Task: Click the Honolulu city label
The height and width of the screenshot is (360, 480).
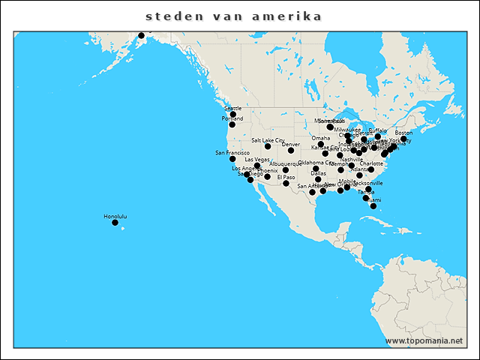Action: pos(115,217)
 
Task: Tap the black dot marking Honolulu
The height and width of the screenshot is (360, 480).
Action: pos(115,223)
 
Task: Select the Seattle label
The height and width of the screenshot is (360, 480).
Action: pos(233,109)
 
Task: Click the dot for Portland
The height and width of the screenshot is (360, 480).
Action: pos(232,124)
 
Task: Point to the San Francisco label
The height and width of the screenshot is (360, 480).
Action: pos(232,153)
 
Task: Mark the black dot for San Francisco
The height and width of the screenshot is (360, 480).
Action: pos(232,159)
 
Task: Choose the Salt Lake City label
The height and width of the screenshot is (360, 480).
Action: pos(268,140)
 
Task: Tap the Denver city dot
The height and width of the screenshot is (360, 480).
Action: pos(291,150)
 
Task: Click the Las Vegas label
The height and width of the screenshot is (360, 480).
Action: pos(257,160)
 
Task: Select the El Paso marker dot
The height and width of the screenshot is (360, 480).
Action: pos(286,183)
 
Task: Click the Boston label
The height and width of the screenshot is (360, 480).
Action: pos(403,133)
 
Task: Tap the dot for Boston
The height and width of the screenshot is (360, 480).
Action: pos(403,139)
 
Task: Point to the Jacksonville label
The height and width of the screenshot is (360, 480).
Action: pos(367,183)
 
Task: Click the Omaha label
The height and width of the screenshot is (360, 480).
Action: pos(321,138)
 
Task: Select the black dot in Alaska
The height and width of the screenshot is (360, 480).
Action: pos(141,35)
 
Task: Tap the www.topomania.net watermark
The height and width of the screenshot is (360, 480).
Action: pos(424,340)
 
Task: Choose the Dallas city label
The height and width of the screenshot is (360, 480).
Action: pos(319,173)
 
